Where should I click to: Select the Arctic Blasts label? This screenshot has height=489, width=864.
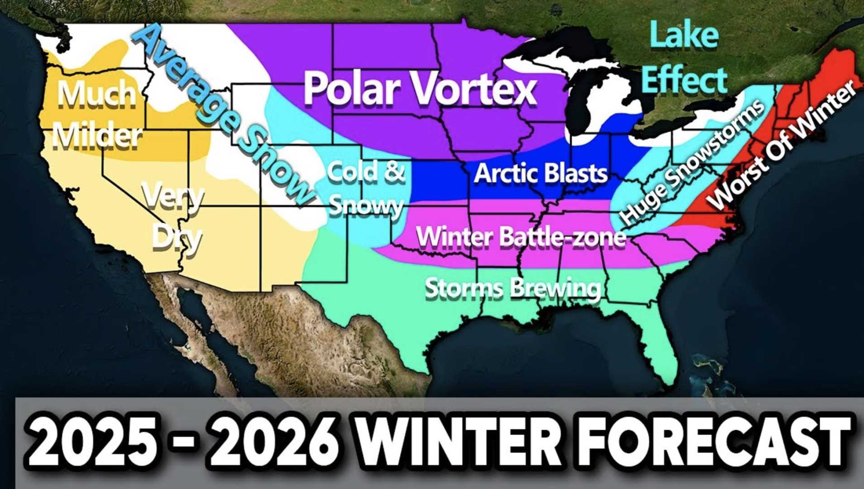tap(540, 173)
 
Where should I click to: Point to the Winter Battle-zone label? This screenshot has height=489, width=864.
tap(520, 236)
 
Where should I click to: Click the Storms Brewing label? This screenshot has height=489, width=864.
tap(513, 288)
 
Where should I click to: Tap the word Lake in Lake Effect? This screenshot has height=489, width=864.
tap(684, 35)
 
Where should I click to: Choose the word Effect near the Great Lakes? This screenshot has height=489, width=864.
tap(685, 79)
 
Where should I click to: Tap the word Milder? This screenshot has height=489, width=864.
tap(97, 135)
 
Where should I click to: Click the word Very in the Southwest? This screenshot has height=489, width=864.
tap(173, 197)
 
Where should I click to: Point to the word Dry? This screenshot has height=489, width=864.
tap(177, 237)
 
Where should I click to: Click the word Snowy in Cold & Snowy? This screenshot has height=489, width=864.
tap(366, 206)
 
